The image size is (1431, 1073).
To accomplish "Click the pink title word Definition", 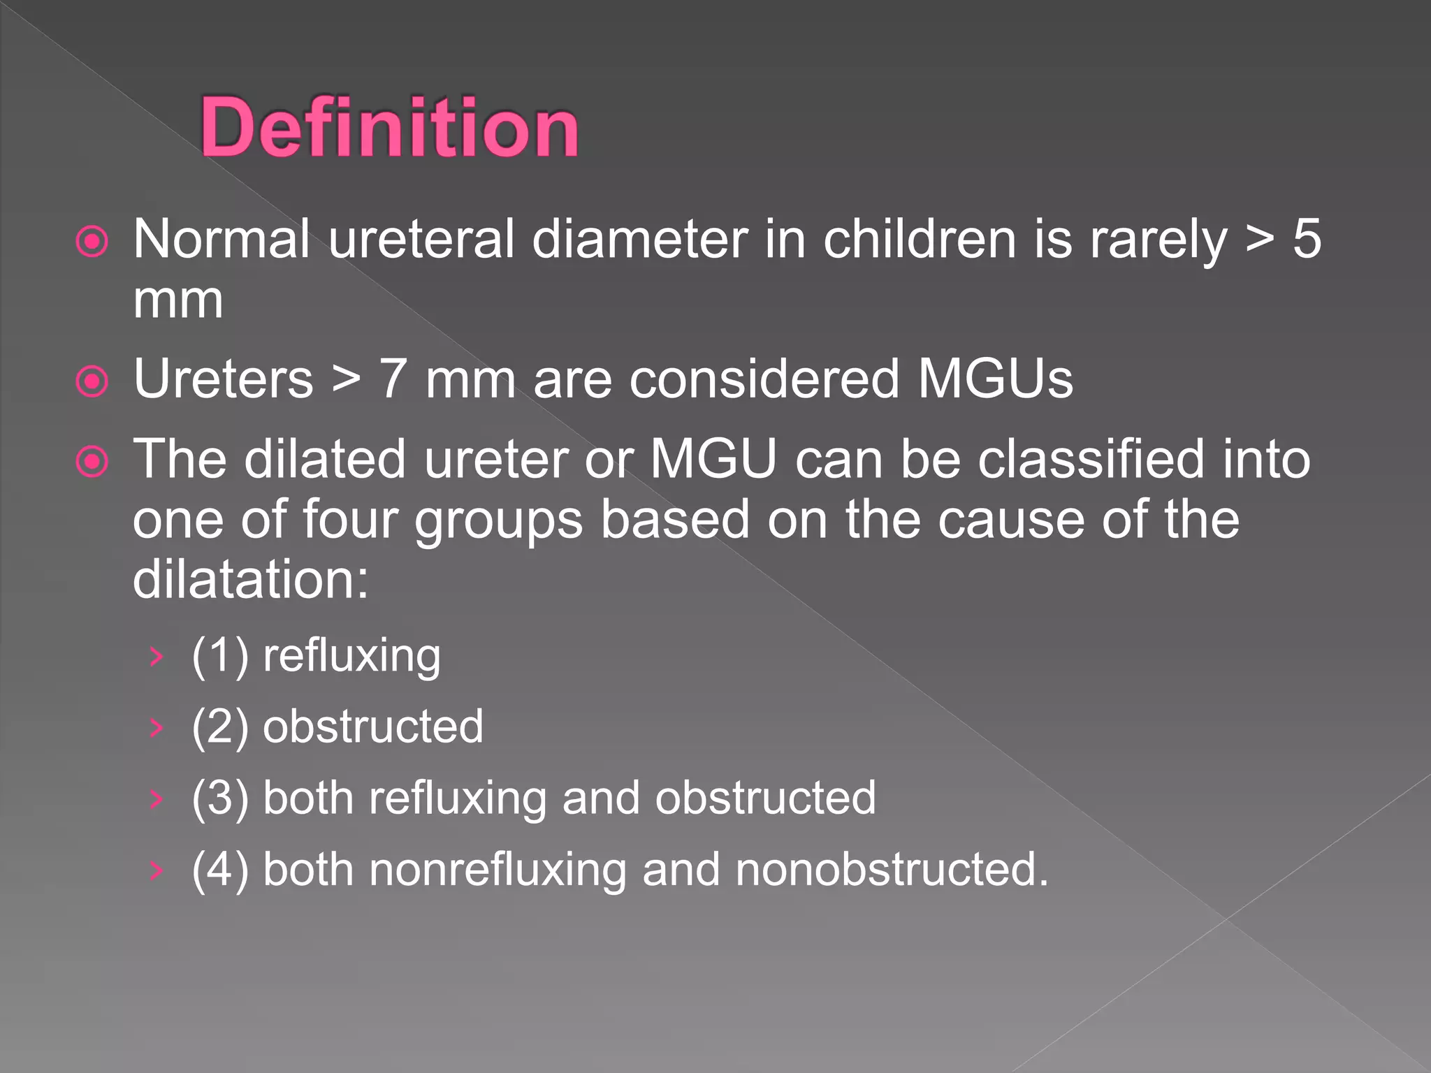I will [389, 128].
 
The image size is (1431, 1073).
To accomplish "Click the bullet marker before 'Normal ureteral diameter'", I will [92, 242].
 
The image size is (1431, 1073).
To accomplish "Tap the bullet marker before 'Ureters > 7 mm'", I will [92, 381].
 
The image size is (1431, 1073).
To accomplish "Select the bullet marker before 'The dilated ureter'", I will [92, 462].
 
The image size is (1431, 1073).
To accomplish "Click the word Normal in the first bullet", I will [221, 239].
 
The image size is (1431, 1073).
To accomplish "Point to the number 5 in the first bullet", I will [1306, 239].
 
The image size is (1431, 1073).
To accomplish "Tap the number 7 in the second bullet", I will [393, 379].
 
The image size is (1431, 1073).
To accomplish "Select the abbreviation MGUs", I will [995, 379].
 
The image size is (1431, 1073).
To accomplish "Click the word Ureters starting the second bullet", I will [224, 379].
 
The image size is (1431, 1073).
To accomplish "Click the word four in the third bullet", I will [350, 520].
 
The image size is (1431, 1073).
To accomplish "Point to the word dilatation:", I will [250, 580].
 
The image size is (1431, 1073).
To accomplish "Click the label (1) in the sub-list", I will [220, 657].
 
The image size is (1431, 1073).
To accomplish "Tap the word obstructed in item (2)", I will [373, 727].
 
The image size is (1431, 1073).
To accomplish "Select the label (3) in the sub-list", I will [220, 798].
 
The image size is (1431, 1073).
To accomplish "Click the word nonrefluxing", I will [497, 870].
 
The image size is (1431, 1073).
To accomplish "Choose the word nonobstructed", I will [892, 870].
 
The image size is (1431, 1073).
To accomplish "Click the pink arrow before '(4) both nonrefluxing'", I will [157, 870].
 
